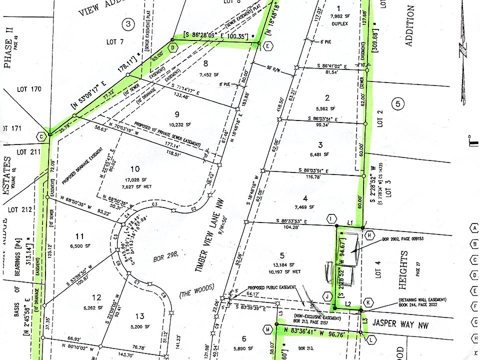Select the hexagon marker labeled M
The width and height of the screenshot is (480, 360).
click(x=268, y=329)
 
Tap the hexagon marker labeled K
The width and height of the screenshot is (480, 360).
click(x=368, y=302)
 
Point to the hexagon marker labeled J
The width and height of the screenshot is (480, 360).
click(x=328, y=295)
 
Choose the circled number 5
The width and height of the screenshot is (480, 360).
click(x=398, y=104)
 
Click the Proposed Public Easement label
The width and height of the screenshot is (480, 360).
click(x=274, y=288)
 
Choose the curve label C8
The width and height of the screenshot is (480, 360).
click(x=162, y=295)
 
